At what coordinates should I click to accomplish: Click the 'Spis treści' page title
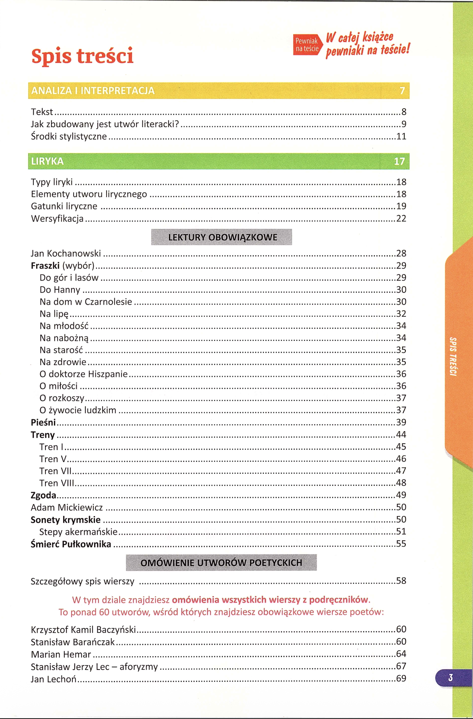pyautogui.click(x=82, y=56)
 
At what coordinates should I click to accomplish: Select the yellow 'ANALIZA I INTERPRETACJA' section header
pyautogui.click(x=93, y=91)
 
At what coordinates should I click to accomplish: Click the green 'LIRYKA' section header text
pyautogui.click(x=47, y=161)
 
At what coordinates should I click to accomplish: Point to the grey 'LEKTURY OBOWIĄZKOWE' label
pyautogui.click(x=222, y=237)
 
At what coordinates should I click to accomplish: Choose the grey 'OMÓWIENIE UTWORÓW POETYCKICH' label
pyautogui.click(x=221, y=562)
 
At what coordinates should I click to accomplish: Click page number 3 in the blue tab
pyautogui.click(x=450, y=678)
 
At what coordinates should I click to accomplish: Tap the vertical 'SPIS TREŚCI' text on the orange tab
pyautogui.click(x=453, y=356)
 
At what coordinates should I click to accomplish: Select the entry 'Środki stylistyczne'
pyautogui.click(x=69, y=136)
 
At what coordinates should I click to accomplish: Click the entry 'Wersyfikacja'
pyautogui.click(x=57, y=219)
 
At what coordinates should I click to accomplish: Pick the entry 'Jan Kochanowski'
pyautogui.click(x=66, y=254)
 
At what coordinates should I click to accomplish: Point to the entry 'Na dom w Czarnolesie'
pyautogui.click(x=86, y=302)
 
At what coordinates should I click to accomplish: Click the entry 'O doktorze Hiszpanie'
pyautogui.click(x=83, y=374)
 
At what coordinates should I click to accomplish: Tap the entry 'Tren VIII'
pyautogui.click(x=57, y=483)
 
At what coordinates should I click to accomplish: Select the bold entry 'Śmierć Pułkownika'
pyautogui.click(x=71, y=544)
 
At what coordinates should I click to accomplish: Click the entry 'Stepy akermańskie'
pyautogui.click(x=78, y=532)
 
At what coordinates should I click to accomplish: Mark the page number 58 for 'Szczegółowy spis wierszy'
pyautogui.click(x=401, y=581)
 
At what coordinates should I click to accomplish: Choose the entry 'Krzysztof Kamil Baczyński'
pyautogui.click(x=83, y=630)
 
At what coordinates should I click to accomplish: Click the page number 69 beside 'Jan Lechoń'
pyautogui.click(x=401, y=678)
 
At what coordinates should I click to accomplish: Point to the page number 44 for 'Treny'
pyautogui.click(x=401, y=435)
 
